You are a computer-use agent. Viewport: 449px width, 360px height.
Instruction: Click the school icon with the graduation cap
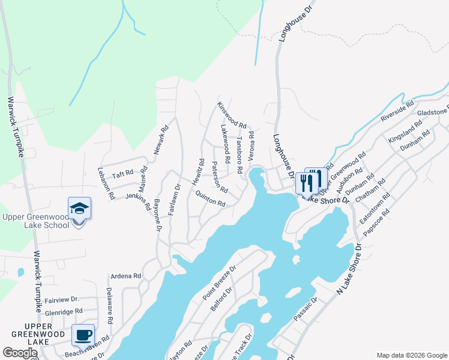pos(79,208)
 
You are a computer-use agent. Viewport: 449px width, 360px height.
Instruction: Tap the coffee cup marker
pos(83,335)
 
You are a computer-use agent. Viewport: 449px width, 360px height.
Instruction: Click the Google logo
pos(20,353)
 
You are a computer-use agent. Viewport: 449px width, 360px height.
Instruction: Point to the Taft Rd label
pos(122,175)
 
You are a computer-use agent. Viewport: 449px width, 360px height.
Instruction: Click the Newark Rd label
pos(160,140)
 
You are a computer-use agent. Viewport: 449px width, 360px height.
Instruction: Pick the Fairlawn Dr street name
pos(174,199)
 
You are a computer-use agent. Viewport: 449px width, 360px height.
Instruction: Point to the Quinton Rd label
pos(209,199)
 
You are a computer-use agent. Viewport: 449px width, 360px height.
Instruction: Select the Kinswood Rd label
pos(232,115)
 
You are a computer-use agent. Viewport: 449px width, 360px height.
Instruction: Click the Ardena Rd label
pos(125,277)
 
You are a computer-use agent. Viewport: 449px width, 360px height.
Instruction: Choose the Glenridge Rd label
pos(62,312)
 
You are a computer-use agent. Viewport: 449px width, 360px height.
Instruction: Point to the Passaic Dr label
pos(306,312)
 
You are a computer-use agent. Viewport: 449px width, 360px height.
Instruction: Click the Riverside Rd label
pos(397,112)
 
